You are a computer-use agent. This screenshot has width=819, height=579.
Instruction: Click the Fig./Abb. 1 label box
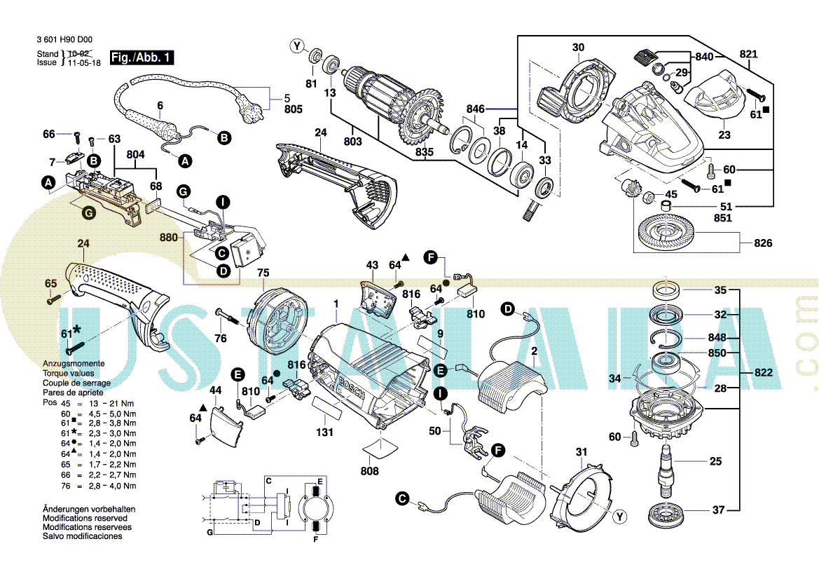[x=142, y=57]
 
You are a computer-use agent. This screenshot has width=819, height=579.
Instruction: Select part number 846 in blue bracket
[x=476, y=109]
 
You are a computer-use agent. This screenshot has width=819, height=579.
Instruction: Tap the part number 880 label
[x=169, y=238]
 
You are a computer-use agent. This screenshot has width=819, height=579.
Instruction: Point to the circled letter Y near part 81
[x=298, y=47]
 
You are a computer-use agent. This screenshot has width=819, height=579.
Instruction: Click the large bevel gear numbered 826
[x=665, y=233]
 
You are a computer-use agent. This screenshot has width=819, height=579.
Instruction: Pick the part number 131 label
[x=324, y=432]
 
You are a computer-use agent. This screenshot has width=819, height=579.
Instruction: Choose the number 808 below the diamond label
[x=369, y=471]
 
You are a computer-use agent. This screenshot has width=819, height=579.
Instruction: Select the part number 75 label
[x=263, y=273]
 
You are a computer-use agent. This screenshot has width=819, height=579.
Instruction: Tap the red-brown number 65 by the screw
[x=50, y=283]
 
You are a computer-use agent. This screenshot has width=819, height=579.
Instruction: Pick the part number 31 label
[x=581, y=451]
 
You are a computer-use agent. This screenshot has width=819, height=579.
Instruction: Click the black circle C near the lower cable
[x=401, y=499]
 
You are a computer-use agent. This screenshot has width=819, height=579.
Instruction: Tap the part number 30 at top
[x=577, y=48]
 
